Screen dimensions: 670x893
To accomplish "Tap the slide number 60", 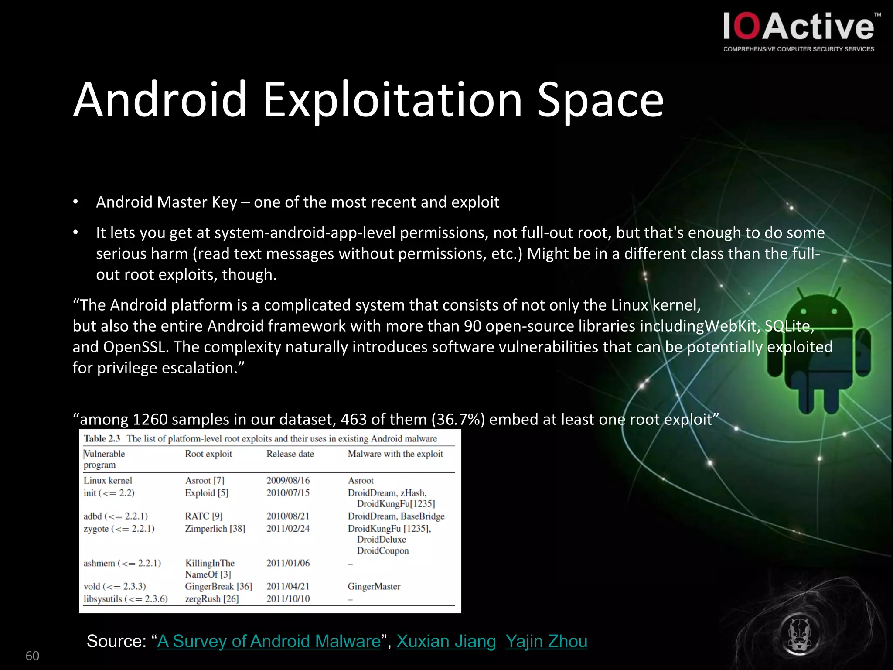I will [x=32, y=656].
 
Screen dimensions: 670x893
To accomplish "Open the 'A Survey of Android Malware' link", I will [x=269, y=641].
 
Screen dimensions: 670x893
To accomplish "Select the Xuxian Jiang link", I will [x=446, y=641].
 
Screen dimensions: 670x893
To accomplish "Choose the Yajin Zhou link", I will [x=546, y=641].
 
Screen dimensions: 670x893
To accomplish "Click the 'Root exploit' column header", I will [x=208, y=454].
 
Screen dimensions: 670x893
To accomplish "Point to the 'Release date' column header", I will [x=290, y=454].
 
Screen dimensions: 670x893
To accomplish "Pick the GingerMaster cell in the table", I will [x=374, y=586].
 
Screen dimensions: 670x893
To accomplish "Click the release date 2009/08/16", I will [x=288, y=480].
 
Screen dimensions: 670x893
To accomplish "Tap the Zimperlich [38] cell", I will [x=215, y=529].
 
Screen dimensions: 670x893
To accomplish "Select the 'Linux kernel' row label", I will [x=108, y=480].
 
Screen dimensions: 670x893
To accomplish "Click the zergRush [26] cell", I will [x=212, y=598].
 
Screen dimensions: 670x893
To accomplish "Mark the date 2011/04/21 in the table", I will [x=288, y=586].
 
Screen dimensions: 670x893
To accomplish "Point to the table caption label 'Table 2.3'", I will [x=102, y=438].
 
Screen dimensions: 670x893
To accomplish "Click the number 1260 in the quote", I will [x=150, y=419].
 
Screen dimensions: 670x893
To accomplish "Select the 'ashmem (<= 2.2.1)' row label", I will [x=122, y=563].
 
